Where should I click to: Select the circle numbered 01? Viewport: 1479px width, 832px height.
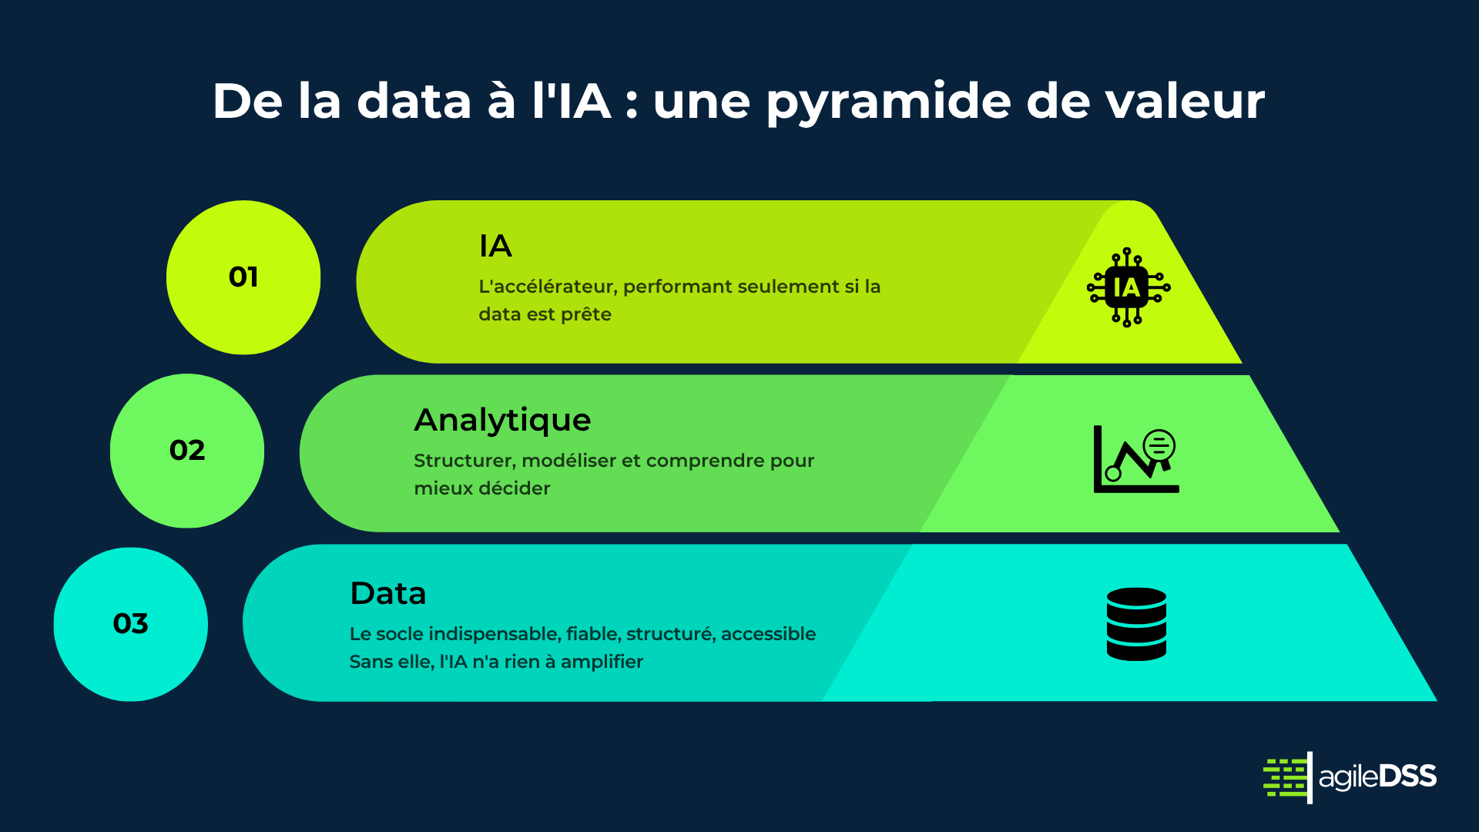243,277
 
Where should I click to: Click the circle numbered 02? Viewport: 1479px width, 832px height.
187,451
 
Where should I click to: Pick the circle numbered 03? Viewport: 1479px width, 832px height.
131,624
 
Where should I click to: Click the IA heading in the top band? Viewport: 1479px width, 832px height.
495,247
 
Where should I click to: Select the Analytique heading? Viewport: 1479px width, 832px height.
502,421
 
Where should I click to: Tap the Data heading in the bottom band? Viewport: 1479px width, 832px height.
388,594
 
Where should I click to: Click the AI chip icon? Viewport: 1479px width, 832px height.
1129,287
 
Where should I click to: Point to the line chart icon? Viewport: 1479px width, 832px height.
1136,459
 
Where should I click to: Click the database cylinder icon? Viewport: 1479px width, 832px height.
1136,624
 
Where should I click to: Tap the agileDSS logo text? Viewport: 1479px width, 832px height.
1377,777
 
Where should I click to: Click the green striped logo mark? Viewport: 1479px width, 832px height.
1287,777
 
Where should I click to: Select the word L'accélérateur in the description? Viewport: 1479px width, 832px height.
548,287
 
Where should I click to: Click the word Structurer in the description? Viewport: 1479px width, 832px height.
464,461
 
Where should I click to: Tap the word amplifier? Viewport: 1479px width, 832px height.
602,662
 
